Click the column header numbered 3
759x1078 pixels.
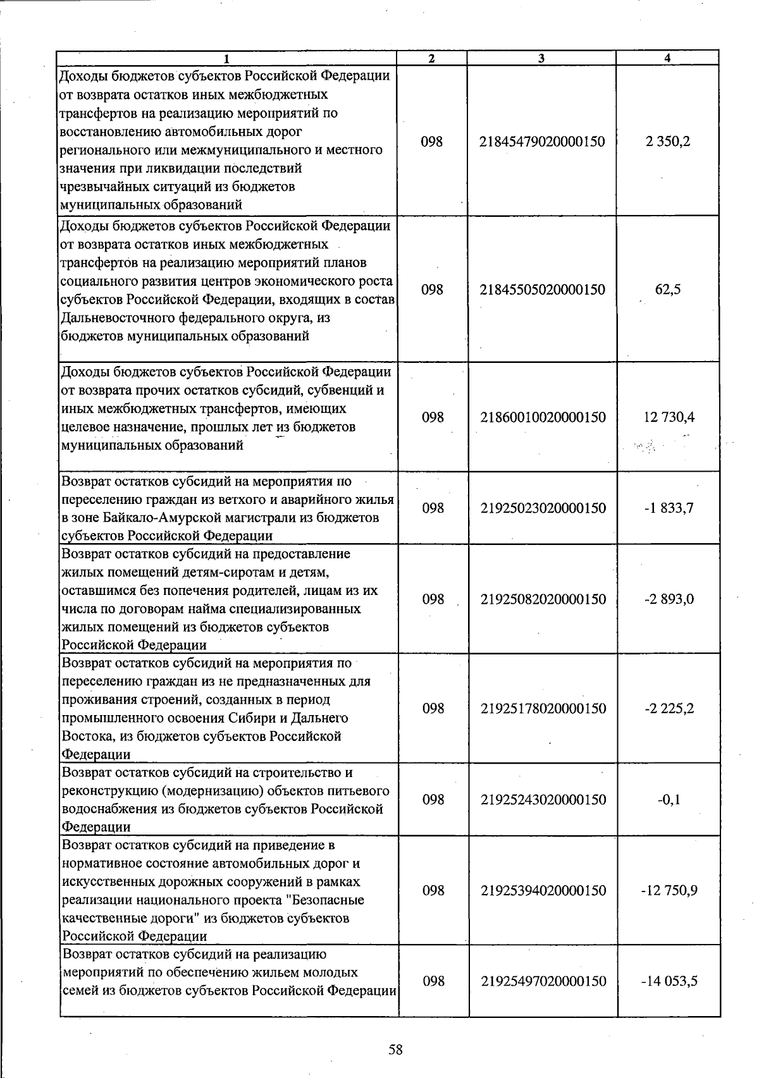pyautogui.click(x=541, y=58)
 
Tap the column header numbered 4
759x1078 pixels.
pyautogui.click(x=668, y=58)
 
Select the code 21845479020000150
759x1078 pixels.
pyautogui.click(x=542, y=142)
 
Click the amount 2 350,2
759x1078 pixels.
pyautogui.click(x=668, y=142)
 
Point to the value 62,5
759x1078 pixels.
pyautogui.click(x=668, y=290)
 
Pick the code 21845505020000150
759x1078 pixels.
pyautogui.click(x=542, y=290)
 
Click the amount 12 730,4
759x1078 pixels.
pyautogui.click(x=669, y=417)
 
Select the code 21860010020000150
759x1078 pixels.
pyautogui.click(x=542, y=417)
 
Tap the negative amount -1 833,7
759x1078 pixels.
pyautogui.click(x=669, y=508)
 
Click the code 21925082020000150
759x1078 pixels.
pyautogui.click(x=543, y=599)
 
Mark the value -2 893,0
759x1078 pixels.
pyautogui.click(x=669, y=599)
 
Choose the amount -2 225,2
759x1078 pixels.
pyautogui.click(x=669, y=708)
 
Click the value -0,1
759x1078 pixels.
pyautogui.click(x=669, y=799)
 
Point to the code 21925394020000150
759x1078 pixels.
pyautogui.click(x=543, y=890)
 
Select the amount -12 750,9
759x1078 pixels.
pyautogui.click(x=669, y=890)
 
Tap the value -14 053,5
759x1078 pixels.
pyautogui.click(x=669, y=981)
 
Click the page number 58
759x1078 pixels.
pyautogui.click(x=395, y=1050)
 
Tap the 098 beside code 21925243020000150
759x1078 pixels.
pyautogui.click(x=433, y=799)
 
